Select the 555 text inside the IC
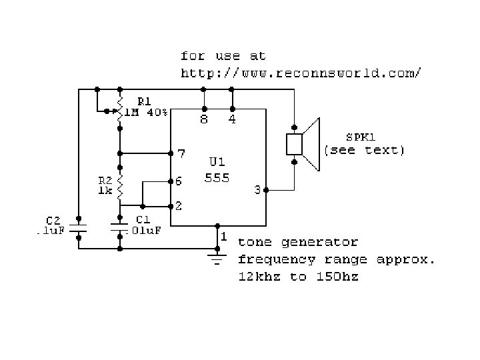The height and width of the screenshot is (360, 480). (x=217, y=178)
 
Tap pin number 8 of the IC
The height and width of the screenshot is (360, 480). (x=203, y=121)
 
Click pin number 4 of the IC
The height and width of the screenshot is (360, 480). (x=232, y=121)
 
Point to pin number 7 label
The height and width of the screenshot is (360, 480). (x=180, y=153)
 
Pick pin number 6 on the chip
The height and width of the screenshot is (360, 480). (x=179, y=181)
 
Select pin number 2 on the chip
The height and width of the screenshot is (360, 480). (x=179, y=207)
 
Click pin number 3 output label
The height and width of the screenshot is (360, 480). (x=257, y=191)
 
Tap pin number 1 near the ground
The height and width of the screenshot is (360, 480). (x=224, y=237)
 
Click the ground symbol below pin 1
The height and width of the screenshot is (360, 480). (x=216, y=257)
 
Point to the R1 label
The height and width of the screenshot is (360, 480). (x=144, y=101)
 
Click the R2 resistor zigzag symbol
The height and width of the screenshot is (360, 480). (x=120, y=188)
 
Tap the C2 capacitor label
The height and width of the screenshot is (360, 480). (x=54, y=220)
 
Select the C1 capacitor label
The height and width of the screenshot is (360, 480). (x=142, y=219)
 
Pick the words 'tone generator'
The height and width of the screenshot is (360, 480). (x=298, y=243)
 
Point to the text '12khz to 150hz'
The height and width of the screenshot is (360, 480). (x=298, y=276)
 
